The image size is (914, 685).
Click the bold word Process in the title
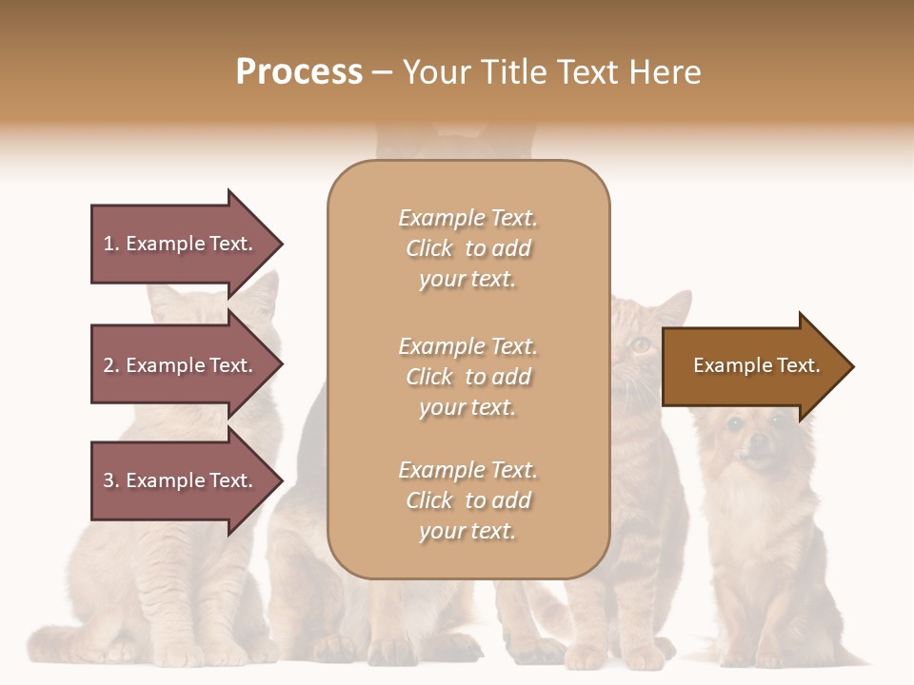(299, 72)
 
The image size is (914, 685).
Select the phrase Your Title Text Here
(551, 72)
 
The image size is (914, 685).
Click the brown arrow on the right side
(752, 366)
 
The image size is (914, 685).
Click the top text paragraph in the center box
(467, 248)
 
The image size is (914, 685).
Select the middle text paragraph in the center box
(467, 377)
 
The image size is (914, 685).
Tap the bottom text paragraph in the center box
(467, 500)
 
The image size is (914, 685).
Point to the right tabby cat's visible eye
(641, 344)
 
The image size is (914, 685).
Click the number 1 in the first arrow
(109, 244)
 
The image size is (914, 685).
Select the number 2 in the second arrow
(109, 365)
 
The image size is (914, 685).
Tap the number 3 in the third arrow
(109, 480)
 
